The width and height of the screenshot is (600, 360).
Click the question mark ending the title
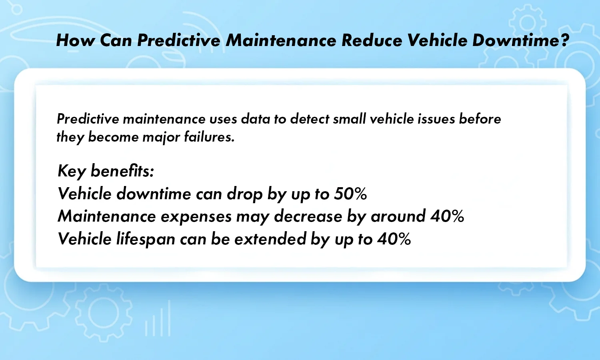tap(564, 40)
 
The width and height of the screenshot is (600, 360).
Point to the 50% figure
tap(350, 194)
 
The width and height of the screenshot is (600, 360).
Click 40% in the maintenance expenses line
tap(447, 216)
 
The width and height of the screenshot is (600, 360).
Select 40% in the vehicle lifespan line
tap(394, 239)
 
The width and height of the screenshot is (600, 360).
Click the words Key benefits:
tap(106, 171)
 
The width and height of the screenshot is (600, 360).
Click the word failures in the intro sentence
tap(209, 137)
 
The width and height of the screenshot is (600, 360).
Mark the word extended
tap(270, 239)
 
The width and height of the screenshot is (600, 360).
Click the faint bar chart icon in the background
tap(158, 320)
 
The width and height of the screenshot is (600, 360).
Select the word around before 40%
tap(398, 216)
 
